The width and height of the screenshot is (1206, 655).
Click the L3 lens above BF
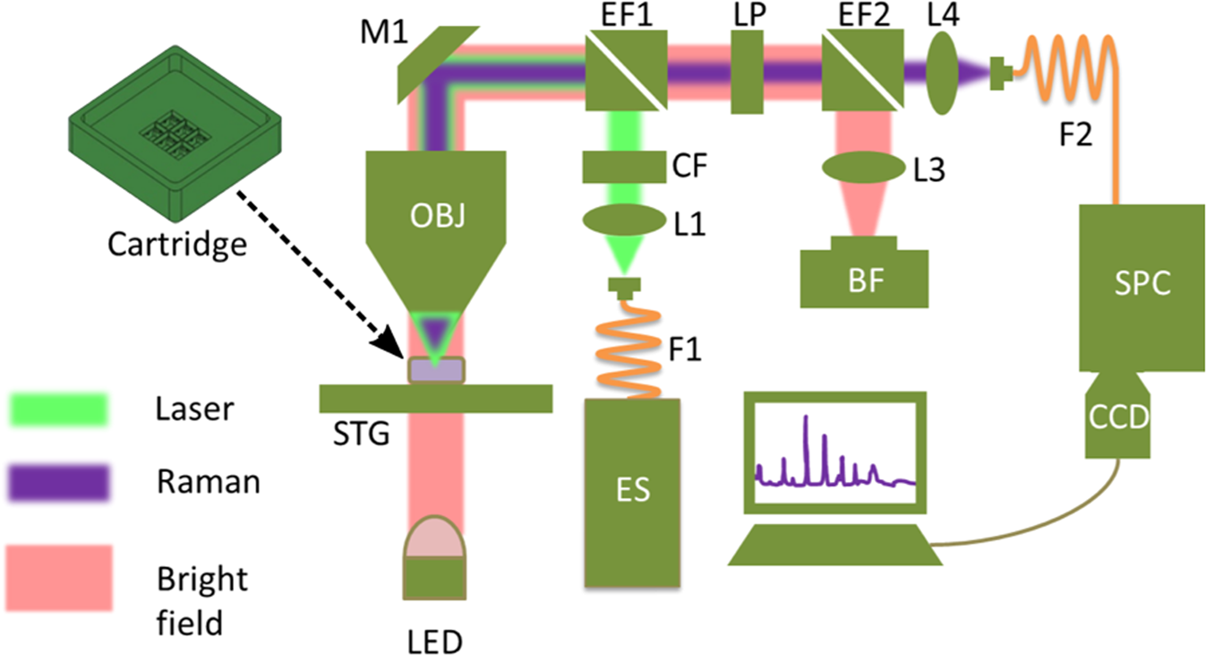coord(860,167)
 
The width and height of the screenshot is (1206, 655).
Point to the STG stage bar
coord(436,399)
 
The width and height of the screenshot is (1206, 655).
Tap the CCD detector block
coord(1118,417)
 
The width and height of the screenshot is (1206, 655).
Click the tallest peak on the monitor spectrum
coord(807,418)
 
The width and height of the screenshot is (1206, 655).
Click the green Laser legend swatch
coord(58,410)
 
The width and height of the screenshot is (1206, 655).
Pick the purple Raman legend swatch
coord(58,484)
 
